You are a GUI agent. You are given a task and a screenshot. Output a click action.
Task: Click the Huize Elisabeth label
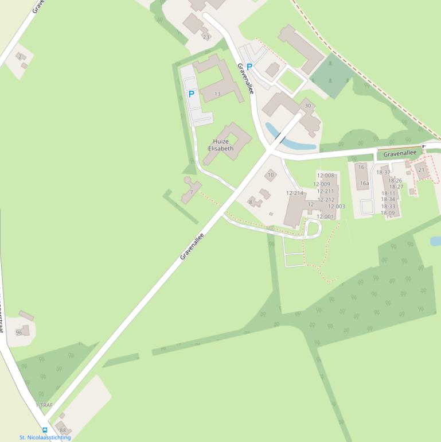pos(223,145)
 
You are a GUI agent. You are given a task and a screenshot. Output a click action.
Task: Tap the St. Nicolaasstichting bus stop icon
pos(45,430)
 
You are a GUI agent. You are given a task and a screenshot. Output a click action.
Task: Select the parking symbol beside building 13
pos(191,94)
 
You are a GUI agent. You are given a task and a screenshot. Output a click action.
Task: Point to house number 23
pos(205,37)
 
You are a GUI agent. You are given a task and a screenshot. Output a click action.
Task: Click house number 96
pos(19,332)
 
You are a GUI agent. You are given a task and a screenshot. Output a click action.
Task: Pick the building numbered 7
pos(191,192)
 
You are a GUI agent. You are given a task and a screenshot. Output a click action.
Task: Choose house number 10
pos(271,175)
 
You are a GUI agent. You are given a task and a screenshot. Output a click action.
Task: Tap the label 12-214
pos(295,193)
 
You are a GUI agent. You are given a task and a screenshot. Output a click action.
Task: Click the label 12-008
pos(325,176)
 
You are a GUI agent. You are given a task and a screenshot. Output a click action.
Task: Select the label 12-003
pos(337,207)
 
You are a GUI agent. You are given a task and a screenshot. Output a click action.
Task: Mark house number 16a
pos(364,184)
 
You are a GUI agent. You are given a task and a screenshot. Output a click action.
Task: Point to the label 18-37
pos(383,172)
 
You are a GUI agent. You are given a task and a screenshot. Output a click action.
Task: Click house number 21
pos(422,170)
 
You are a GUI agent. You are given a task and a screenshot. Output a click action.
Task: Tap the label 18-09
pos(388,213)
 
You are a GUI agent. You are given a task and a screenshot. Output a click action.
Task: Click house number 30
pos(308,106)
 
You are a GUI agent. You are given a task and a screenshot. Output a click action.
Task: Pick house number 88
pos(63,431)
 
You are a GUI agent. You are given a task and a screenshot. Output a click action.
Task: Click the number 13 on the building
pos(217,94)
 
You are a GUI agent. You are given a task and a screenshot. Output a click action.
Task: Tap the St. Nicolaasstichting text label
pos(45,437)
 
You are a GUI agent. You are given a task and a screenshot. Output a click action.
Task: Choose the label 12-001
pos(325,216)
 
